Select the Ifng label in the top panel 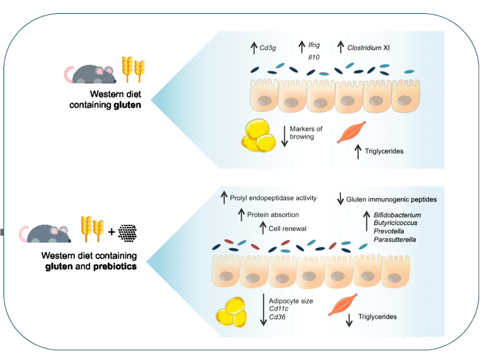click(314, 45)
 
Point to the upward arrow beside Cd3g click(254, 47)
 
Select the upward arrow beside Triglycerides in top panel click(358, 151)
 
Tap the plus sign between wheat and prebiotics click(111, 233)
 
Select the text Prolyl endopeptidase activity click(273, 198)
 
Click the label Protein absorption click(273, 215)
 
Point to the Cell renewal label click(288, 228)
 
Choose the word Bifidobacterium click(397, 215)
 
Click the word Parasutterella click(395, 239)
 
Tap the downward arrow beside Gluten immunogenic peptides click(340, 199)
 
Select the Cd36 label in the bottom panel click(278, 317)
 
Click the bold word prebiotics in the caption click(115, 266)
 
